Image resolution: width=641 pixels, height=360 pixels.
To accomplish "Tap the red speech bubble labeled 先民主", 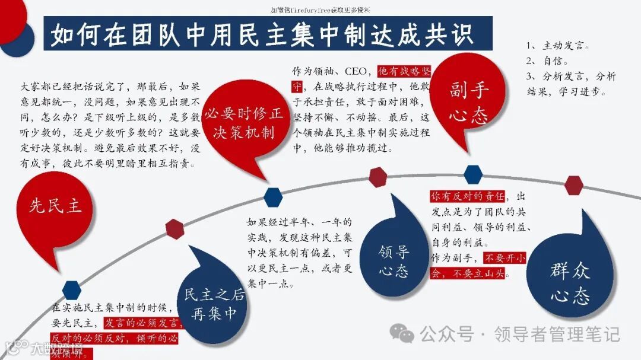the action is coord(55,206).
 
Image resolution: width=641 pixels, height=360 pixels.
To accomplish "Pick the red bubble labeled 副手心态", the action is coord(468,101).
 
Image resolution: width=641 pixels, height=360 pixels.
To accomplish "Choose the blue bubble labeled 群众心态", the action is coord(569,282).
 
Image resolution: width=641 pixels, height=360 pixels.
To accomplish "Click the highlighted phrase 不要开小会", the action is coord(504,259).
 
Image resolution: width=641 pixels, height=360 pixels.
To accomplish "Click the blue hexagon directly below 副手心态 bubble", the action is coord(473,174).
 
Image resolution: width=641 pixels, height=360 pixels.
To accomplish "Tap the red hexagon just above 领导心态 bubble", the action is coord(378,177).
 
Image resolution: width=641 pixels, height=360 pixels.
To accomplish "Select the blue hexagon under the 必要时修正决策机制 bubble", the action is coord(272,197).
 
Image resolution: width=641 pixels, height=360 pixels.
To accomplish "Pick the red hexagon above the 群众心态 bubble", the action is coord(574,185).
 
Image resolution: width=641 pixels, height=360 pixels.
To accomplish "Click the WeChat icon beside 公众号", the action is coord(402,334).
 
